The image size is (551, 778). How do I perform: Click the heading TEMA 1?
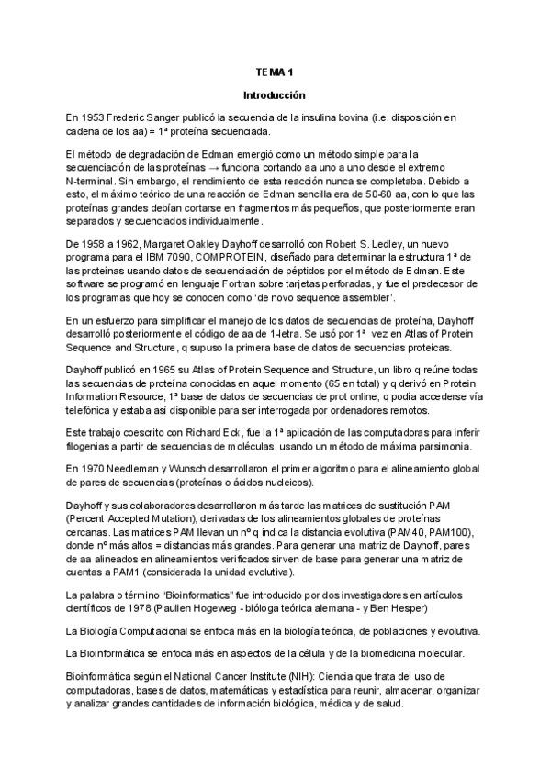click(274, 72)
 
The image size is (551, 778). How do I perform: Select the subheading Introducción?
click(274, 95)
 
